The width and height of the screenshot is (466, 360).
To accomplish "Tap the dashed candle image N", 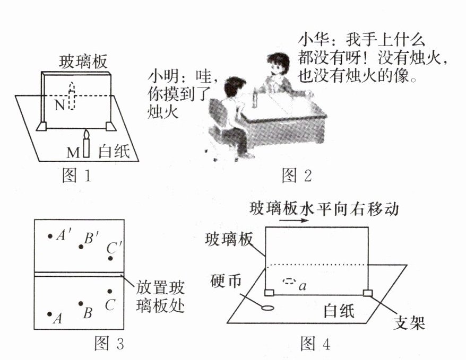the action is [72, 97].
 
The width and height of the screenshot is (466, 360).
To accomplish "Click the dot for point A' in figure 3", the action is [50, 236].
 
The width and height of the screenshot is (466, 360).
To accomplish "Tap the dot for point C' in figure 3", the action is [110, 258].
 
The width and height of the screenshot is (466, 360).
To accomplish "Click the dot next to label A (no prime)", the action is [49, 314].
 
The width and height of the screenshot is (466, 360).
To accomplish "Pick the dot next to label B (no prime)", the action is [80, 304].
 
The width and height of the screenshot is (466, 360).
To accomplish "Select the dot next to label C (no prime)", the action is [110, 291].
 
